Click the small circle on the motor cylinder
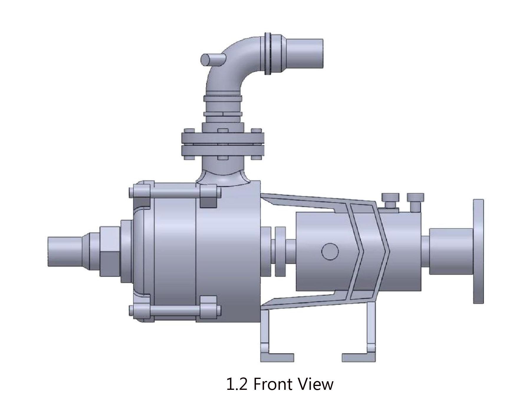pyautogui.click(x=330, y=251)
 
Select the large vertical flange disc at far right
pyautogui.click(x=478, y=251)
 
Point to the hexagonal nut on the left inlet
pyautogui.click(x=110, y=251)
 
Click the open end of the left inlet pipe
pyautogui.click(x=48, y=251)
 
